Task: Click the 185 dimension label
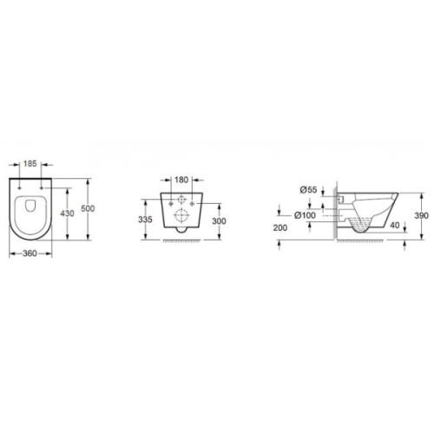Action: tap(30, 164)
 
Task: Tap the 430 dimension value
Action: tap(67, 214)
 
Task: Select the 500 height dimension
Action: tap(88, 208)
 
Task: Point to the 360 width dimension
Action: tap(30, 253)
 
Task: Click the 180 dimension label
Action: tap(181, 180)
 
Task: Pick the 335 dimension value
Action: tap(145, 220)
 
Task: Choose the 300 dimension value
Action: tap(219, 221)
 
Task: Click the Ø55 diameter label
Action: tap(308, 190)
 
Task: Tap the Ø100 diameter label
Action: tap(305, 215)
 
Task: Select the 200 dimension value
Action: tap(280, 228)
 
